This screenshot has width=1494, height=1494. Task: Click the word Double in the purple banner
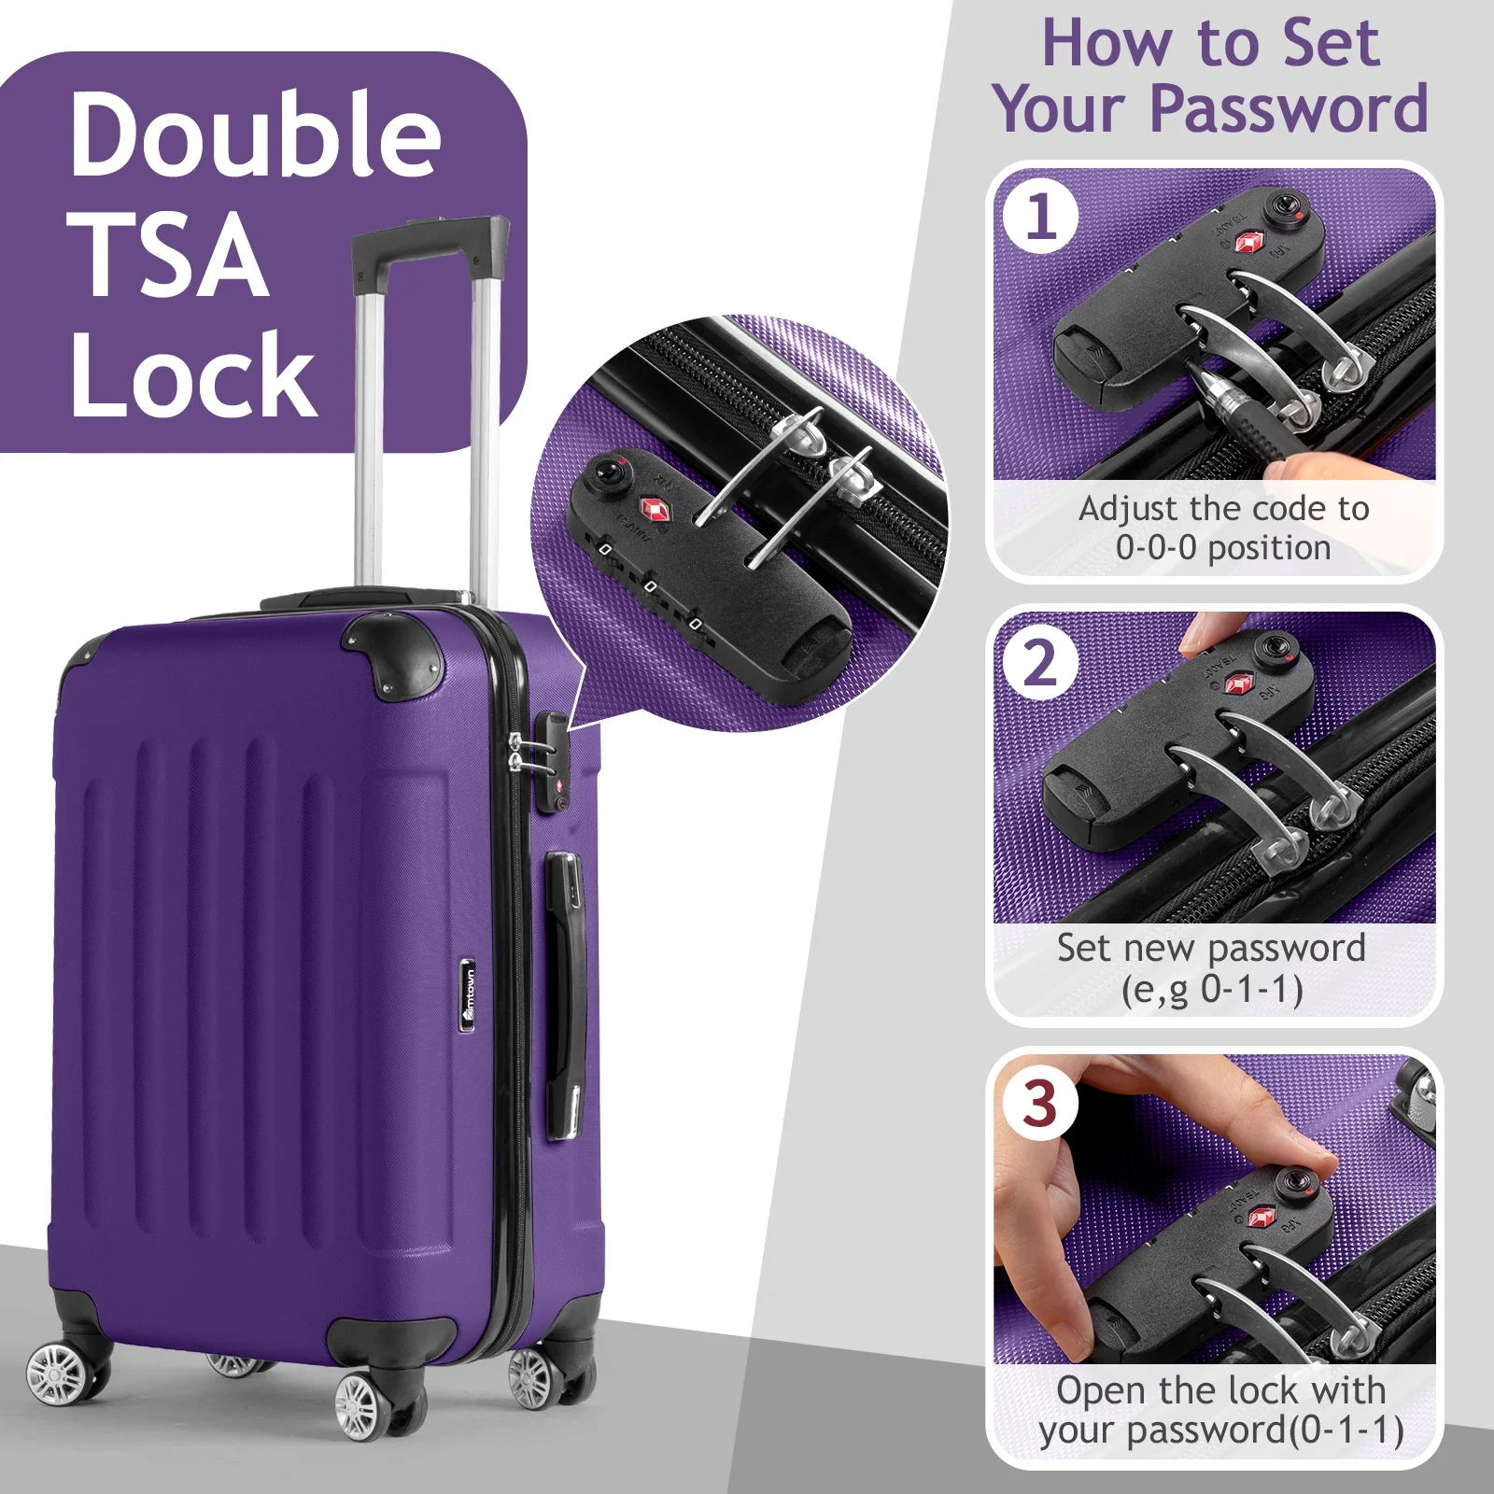(x=255, y=134)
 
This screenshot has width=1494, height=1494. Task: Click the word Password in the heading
(x=1289, y=110)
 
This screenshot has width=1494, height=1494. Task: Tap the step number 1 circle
(x=1041, y=218)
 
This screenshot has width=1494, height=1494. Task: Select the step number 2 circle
(x=1041, y=664)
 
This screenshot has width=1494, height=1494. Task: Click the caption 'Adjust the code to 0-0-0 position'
(x=1223, y=528)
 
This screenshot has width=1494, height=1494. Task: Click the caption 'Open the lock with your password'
(x=1220, y=1411)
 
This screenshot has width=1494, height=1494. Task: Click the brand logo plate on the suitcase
(x=469, y=995)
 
